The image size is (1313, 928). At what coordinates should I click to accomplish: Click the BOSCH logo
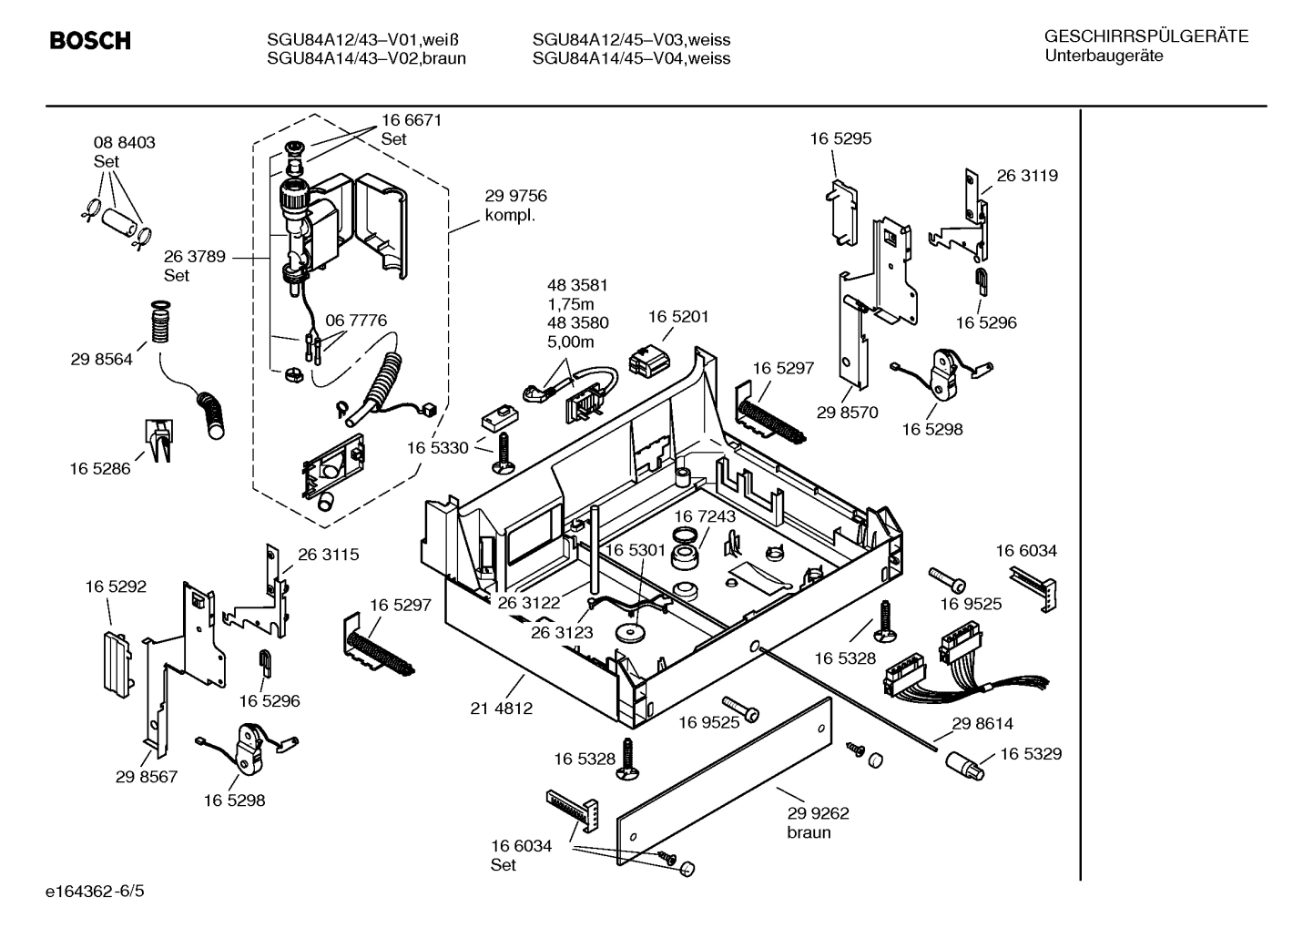89,41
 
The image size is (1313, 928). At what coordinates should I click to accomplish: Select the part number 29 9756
515,196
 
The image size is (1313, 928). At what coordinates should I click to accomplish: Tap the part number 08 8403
124,143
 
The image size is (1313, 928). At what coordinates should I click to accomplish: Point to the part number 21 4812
502,708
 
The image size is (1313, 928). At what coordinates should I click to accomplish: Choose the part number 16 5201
677,317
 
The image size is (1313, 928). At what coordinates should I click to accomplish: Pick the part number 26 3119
1027,176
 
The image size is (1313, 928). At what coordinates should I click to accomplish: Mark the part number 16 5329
1031,754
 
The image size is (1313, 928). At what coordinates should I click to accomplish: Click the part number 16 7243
705,516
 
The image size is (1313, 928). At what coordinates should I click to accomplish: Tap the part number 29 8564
101,359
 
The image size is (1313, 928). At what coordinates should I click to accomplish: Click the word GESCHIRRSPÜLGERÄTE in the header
1145,36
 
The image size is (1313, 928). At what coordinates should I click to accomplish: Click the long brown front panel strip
725,780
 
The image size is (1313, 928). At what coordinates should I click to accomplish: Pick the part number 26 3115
328,555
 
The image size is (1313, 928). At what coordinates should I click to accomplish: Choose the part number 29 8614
982,724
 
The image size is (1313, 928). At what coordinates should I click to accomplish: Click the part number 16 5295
840,138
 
